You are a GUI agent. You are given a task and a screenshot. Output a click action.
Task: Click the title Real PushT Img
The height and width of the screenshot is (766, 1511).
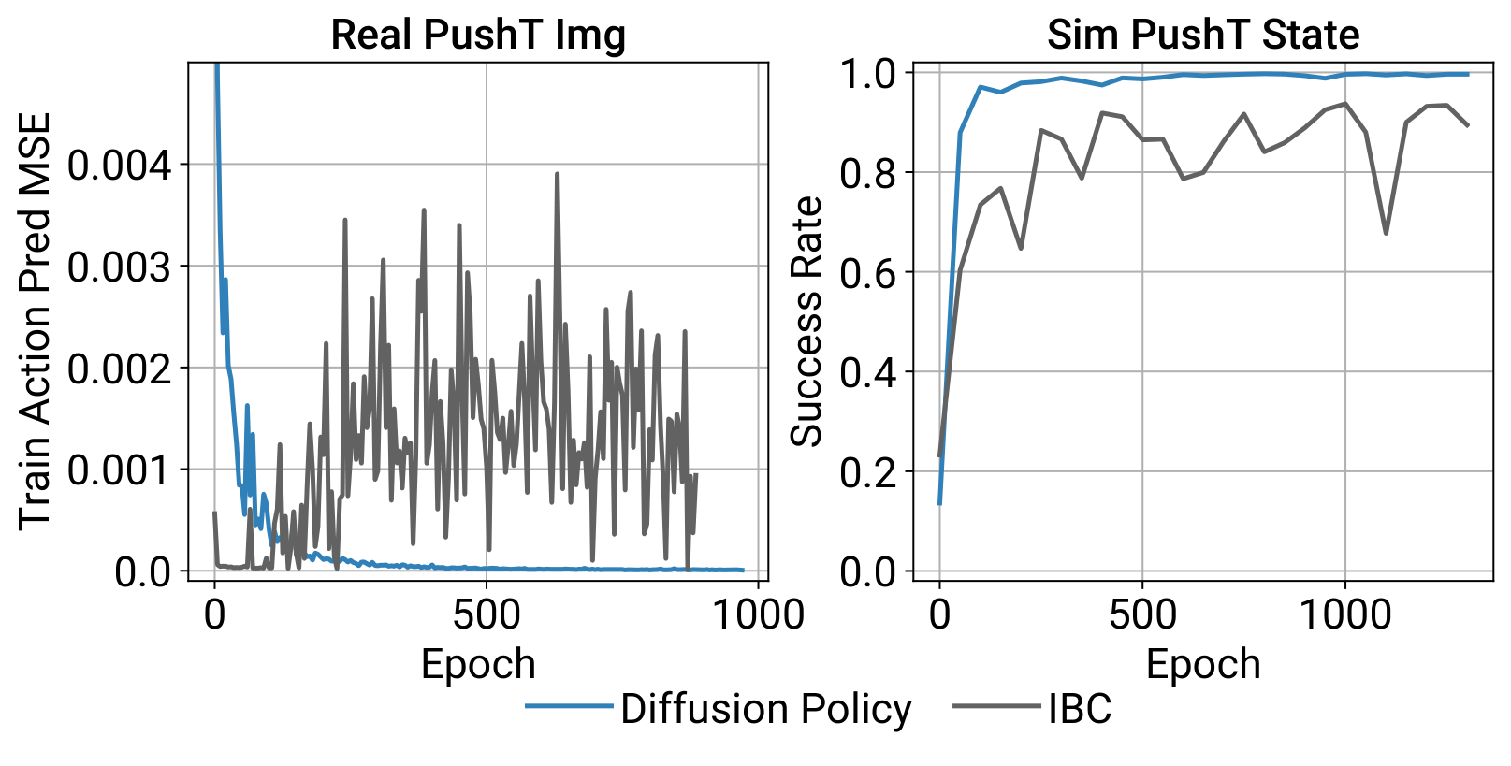[477, 35]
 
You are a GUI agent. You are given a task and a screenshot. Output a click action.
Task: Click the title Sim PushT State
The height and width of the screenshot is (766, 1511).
[1202, 35]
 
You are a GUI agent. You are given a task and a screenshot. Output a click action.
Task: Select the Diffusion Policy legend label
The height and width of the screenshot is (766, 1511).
[765, 709]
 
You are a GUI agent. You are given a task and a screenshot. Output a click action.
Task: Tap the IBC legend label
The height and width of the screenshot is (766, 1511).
[1080, 709]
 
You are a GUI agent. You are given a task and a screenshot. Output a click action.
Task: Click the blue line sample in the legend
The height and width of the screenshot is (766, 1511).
[569, 706]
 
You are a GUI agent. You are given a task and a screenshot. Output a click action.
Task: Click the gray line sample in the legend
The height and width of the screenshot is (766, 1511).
[995, 706]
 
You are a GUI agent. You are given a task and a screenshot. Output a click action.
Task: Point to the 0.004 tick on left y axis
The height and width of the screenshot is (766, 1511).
[120, 166]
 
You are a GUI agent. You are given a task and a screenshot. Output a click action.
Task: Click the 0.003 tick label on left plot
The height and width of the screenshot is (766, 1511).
[120, 267]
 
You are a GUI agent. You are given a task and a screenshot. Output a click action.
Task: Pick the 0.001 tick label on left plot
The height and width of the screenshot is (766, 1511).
[120, 470]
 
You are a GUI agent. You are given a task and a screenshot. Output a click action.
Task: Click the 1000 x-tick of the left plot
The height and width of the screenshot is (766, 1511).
[759, 614]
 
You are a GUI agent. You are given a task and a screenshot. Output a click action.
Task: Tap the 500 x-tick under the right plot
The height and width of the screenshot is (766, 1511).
[1142, 614]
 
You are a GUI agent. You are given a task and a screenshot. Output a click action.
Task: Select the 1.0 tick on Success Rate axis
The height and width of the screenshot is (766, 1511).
[868, 74]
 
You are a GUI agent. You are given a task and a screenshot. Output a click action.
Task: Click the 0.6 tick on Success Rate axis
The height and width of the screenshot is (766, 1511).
[868, 273]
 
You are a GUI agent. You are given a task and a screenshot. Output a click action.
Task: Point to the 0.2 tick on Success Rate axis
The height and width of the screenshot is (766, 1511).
[868, 472]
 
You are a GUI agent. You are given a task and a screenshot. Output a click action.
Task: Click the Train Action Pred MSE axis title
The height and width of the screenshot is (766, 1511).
[35, 321]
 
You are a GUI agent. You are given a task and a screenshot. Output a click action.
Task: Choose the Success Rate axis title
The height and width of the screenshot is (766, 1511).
[806, 321]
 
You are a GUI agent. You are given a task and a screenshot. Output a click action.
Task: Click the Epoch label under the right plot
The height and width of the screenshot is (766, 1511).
[1203, 664]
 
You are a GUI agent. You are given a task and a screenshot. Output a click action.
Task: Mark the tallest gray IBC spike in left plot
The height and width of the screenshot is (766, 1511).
[557, 175]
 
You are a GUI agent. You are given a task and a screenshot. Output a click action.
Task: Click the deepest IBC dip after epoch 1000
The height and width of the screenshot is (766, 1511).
[1386, 233]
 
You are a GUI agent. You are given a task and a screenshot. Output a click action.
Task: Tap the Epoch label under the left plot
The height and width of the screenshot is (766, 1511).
[478, 664]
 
